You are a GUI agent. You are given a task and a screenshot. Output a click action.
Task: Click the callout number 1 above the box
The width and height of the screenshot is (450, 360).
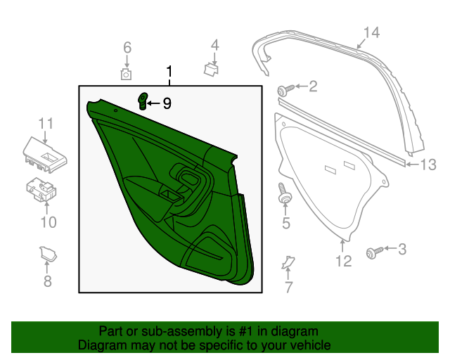tap(169, 72)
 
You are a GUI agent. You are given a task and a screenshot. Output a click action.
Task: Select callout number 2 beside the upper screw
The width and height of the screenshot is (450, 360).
tap(313, 87)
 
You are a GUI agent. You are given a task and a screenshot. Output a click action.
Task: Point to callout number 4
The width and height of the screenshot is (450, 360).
tap(215, 46)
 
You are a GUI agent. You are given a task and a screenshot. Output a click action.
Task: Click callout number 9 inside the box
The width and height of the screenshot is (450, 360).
tap(167, 103)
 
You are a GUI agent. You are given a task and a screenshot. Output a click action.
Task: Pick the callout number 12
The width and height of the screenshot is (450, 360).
tap(342, 262)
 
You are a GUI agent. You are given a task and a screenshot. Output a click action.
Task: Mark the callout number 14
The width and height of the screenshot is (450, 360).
tap(371, 32)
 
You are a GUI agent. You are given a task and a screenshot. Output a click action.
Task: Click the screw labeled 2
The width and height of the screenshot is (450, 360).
tap(283, 90)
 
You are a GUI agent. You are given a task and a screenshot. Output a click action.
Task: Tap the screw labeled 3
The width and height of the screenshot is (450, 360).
tap(373, 252)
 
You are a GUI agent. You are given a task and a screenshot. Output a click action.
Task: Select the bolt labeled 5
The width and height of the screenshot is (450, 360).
tap(285, 194)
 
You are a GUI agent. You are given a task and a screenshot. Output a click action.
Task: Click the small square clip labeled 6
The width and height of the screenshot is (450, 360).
tap(127, 73)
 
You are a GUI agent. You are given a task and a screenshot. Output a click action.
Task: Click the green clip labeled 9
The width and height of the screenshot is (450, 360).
tap(143, 101)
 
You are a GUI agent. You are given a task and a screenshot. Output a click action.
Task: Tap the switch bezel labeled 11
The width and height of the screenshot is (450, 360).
tap(44, 153)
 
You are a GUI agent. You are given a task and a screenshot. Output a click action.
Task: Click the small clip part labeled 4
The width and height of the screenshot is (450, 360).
tap(210, 69)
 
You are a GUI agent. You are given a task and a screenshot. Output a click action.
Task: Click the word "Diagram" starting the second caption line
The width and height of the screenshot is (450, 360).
tap(100, 345)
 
